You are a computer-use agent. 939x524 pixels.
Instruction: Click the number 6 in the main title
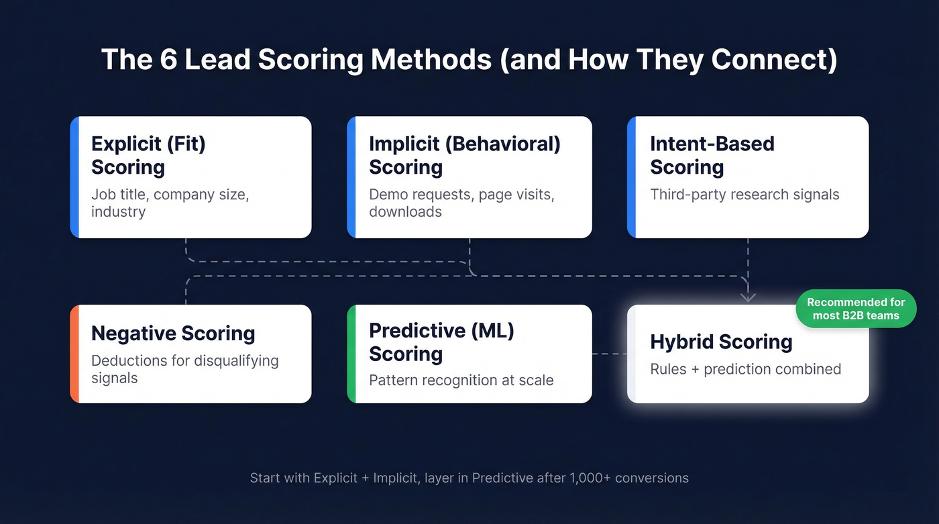(167, 60)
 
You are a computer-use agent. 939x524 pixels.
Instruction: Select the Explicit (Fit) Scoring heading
(148, 155)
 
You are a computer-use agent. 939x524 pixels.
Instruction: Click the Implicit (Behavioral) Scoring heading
(464, 155)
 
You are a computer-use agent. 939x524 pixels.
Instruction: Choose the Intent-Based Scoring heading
(712, 155)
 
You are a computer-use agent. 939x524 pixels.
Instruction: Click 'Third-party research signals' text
(744, 195)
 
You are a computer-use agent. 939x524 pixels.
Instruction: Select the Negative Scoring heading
(173, 333)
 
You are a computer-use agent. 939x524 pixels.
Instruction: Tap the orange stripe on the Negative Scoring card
(74, 354)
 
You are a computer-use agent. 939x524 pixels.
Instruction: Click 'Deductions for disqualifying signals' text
(184, 369)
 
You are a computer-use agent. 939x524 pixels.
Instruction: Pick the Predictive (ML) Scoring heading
(441, 342)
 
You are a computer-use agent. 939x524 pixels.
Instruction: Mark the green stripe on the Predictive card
(351, 354)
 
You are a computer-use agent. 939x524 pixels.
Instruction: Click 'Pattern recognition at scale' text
(461, 380)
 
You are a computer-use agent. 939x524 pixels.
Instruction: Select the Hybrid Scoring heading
(721, 342)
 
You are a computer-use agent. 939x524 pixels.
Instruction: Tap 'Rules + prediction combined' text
(745, 370)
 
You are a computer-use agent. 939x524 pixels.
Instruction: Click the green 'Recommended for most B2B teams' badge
(855, 309)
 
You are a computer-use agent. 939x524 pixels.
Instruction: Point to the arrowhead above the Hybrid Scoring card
(748, 297)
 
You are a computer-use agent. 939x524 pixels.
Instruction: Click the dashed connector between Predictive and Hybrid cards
(609, 354)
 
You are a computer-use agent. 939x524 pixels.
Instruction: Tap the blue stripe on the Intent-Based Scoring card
(631, 177)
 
